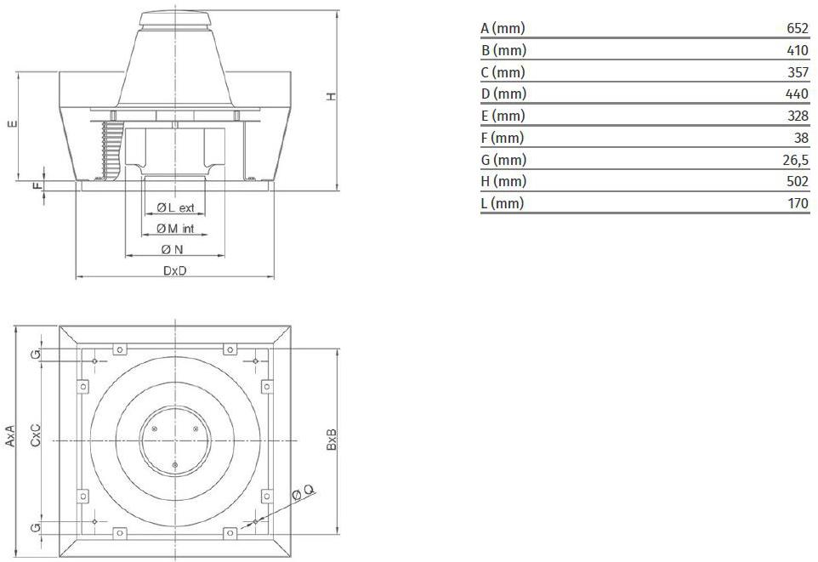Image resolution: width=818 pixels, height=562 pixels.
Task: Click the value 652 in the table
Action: coord(797,28)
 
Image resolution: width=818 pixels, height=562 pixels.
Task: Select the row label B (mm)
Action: coord(503,50)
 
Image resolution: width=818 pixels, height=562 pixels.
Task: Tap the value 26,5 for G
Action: coord(795,160)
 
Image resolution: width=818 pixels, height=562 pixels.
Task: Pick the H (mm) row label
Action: coord(503,181)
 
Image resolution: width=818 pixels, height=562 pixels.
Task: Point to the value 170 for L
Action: coord(798,203)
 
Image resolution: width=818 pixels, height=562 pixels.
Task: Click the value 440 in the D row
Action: coord(797,94)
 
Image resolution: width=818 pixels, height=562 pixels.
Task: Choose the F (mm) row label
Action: coord(502,138)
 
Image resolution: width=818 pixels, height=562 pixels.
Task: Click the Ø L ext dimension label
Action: coord(175,207)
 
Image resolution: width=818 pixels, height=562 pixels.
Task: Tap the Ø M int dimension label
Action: coord(175,229)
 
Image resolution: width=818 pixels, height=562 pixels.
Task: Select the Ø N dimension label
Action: coord(172,249)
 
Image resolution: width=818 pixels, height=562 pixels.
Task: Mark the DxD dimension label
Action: coord(175,270)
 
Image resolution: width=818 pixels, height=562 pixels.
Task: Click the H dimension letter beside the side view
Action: coord(332,96)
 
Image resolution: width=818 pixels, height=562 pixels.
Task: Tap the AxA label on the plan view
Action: coord(10,435)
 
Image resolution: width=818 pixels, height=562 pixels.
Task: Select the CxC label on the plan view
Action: coord(36,434)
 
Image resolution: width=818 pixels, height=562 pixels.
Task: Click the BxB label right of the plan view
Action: coord(332,440)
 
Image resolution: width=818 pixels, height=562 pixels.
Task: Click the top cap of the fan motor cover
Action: coord(175,18)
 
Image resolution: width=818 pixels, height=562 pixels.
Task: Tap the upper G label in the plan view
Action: coord(36,355)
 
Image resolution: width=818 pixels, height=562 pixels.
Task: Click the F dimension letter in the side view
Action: coord(37,185)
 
